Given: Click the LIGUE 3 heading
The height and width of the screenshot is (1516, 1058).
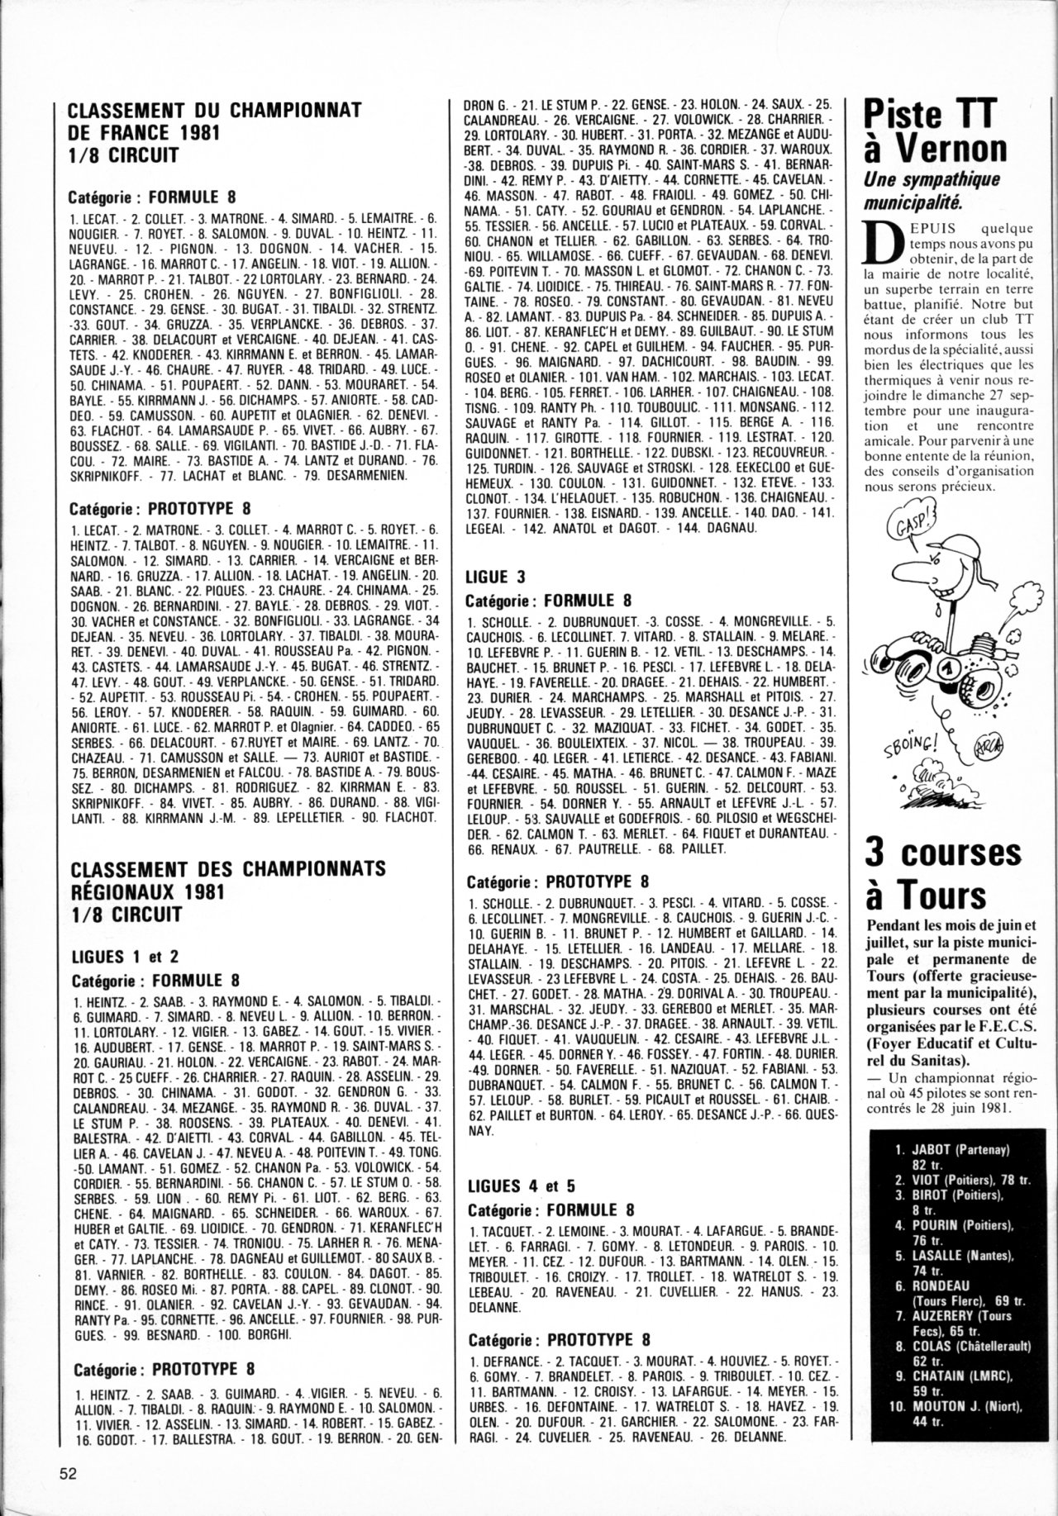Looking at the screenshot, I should coord(496,577).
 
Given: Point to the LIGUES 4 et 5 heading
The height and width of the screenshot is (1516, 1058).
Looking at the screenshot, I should coord(522,1187).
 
